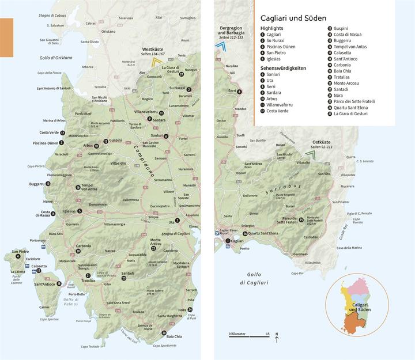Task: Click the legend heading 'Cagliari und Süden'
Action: point(293,18)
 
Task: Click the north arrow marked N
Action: point(277,338)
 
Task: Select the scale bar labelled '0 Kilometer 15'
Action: point(249,334)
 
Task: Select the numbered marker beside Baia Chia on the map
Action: point(164,334)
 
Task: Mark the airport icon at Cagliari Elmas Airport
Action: point(217,233)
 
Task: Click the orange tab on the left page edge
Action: point(6,37)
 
